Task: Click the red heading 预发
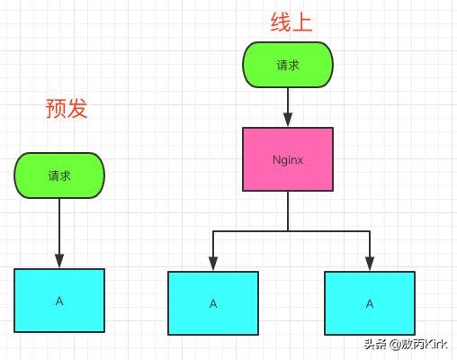click(x=67, y=108)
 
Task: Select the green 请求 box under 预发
click(x=59, y=175)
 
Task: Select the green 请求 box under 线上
click(x=288, y=65)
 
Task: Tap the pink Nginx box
click(x=288, y=158)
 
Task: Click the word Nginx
click(x=288, y=159)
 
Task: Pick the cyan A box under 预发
click(x=59, y=300)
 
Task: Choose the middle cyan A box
click(x=213, y=303)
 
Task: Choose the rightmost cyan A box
click(x=370, y=303)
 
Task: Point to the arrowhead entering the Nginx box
click(x=288, y=121)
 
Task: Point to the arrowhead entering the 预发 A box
click(x=59, y=262)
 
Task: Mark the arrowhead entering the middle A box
click(x=213, y=265)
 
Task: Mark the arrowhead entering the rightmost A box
click(x=370, y=265)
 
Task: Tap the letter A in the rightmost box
click(x=370, y=303)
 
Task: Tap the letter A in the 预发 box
click(x=59, y=300)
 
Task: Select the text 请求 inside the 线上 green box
click(x=288, y=65)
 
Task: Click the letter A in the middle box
click(x=213, y=303)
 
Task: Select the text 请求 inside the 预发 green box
click(x=59, y=175)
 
